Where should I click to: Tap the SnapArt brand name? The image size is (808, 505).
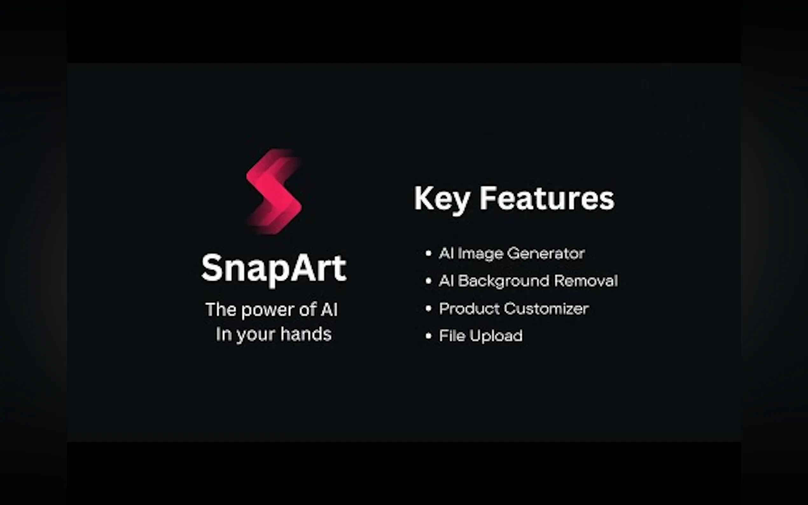tap(274, 268)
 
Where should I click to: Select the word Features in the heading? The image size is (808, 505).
tap(547, 198)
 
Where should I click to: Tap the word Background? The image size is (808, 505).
tap(503, 281)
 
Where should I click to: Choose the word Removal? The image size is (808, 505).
tap(586, 281)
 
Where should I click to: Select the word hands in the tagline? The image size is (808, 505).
tap(306, 334)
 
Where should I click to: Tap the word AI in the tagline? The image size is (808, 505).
tap(329, 310)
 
